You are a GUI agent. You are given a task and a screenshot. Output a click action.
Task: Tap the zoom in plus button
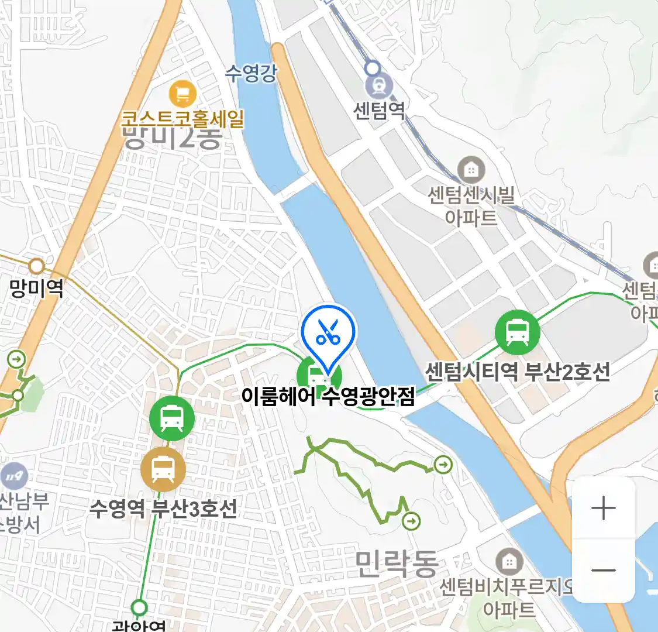[x=603, y=508]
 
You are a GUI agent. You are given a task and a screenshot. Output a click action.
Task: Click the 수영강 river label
[x=251, y=73]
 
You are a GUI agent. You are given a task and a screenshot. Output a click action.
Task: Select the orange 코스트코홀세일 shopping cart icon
[x=182, y=94]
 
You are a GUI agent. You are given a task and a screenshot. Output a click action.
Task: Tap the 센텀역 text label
[x=379, y=110]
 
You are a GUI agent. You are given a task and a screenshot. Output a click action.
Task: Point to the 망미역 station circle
[x=37, y=267]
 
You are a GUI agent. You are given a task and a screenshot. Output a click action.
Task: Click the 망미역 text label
[x=36, y=288]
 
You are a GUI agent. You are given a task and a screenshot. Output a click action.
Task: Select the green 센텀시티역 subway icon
[x=517, y=332]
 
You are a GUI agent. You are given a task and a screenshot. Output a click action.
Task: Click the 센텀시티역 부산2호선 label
[x=517, y=372]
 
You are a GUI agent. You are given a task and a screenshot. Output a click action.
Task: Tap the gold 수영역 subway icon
[x=163, y=469]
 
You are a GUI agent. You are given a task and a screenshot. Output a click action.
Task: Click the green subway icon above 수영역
[x=171, y=418]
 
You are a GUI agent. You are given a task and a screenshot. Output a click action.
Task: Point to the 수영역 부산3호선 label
[x=163, y=508]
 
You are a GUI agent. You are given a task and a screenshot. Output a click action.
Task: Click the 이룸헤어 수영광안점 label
[x=328, y=396]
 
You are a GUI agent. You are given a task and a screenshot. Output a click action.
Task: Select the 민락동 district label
[x=397, y=564]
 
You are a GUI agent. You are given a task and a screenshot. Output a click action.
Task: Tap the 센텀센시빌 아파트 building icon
[x=471, y=170]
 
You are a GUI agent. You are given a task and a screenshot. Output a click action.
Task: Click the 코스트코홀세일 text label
[x=182, y=119]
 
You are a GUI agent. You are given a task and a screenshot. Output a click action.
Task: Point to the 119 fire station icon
[x=14, y=476]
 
